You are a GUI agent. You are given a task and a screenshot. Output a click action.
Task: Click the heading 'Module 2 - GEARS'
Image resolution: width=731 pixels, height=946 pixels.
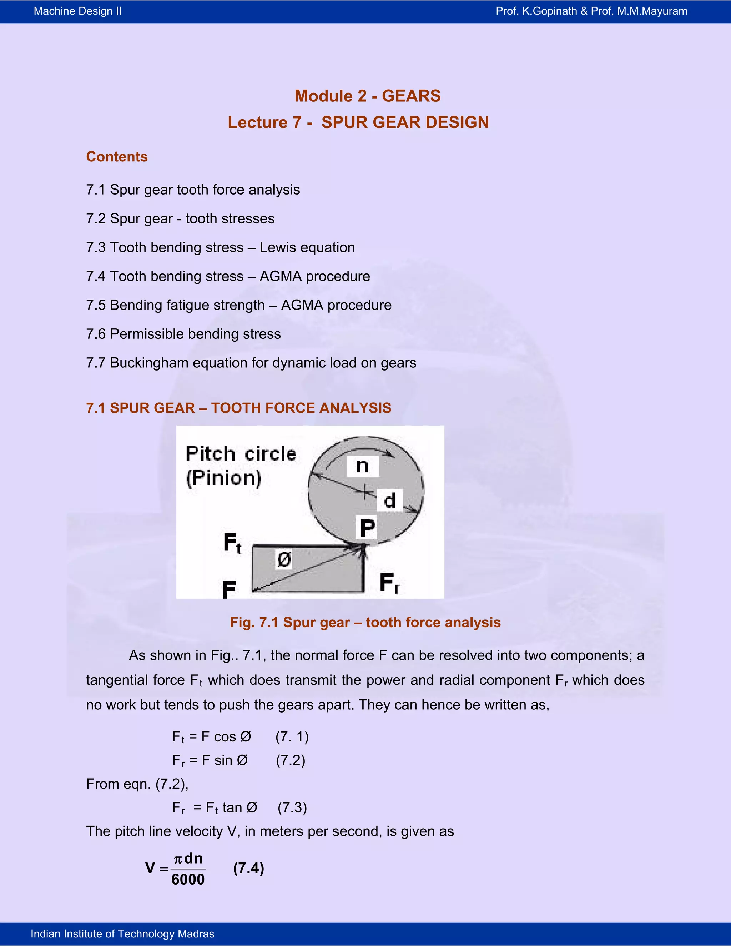tap(367, 96)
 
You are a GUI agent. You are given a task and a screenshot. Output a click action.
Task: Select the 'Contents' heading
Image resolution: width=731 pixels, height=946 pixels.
tap(117, 156)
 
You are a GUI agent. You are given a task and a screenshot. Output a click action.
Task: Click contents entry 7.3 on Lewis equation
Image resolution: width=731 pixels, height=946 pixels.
tap(221, 247)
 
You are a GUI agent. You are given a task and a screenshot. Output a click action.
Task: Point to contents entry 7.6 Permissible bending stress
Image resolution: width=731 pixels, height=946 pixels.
tap(183, 334)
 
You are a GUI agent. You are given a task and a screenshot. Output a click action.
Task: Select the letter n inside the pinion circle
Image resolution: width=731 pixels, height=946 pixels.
tap(363, 466)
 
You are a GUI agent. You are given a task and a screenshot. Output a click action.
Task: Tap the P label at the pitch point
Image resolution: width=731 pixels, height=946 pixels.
tap(368, 528)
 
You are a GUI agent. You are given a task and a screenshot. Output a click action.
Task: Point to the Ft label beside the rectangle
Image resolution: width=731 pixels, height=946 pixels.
tap(232, 543)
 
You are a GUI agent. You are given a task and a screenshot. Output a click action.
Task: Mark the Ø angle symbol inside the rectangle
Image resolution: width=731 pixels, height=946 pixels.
tap(284, 560)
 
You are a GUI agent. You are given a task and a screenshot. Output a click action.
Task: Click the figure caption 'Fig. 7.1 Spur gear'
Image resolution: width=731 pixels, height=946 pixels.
tap(365, 623)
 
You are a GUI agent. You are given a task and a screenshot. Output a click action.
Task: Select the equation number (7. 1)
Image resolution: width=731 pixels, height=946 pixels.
tap(292, 737)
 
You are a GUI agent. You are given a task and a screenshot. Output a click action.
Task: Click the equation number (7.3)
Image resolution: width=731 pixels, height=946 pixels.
tap(292, 808)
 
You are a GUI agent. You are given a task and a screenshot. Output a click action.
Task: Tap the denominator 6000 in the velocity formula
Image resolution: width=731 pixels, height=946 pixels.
tap(188, 880)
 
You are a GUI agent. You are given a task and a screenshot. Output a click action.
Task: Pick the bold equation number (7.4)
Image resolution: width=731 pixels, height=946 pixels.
tap(248, 868)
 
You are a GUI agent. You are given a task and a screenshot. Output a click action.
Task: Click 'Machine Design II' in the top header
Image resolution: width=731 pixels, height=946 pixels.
tap(77, 11)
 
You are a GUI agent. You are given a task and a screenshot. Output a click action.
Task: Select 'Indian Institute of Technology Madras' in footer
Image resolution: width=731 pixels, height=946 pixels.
tap(122, 934)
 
